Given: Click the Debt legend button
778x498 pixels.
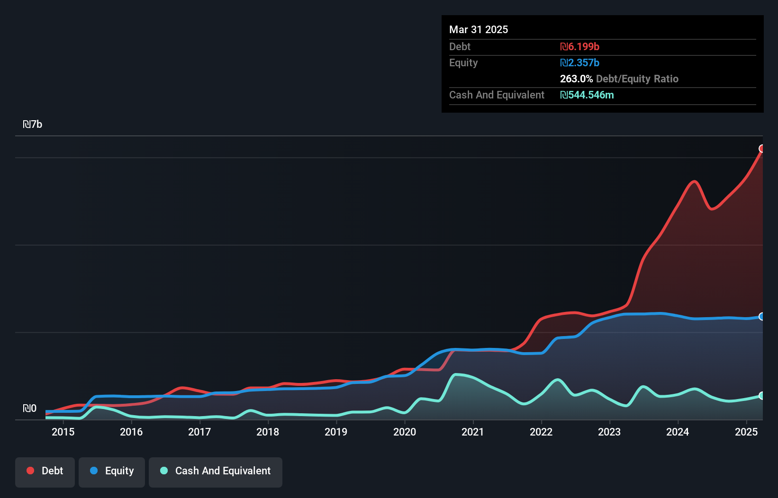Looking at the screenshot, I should tap(45, 471).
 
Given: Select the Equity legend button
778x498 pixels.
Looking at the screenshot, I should tap(112, 471).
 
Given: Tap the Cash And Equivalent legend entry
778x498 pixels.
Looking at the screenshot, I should tap(216, 471).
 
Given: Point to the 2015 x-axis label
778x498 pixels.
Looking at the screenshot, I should tap(63, 432).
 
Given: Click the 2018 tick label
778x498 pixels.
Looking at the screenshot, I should tap(268, 432).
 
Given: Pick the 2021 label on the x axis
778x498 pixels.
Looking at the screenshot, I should tap(473, 432).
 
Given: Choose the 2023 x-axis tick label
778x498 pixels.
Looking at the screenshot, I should tap(609, 432).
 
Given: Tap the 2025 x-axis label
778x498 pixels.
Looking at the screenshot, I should tap(746, 432).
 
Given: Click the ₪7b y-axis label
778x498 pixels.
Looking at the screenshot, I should tap(33, 124).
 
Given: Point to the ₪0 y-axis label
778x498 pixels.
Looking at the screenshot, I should tap(29, 409).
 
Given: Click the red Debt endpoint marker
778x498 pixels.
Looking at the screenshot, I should tap(762, 149).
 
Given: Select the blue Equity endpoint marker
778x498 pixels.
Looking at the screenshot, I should tap(762, 316).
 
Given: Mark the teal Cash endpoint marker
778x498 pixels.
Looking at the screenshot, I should tap(762, 395).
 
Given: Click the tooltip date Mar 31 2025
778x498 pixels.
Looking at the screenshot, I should tap(479, 30).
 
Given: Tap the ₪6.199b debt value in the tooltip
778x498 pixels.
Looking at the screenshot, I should tap(579, 47).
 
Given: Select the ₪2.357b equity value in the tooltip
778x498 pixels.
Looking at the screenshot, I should tap(579, 63).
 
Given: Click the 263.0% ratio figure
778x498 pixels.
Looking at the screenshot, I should tap(576, 79).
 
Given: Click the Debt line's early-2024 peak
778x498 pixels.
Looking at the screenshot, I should tap(694, 181).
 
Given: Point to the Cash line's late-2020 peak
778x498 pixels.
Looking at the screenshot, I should tap(456, 374).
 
